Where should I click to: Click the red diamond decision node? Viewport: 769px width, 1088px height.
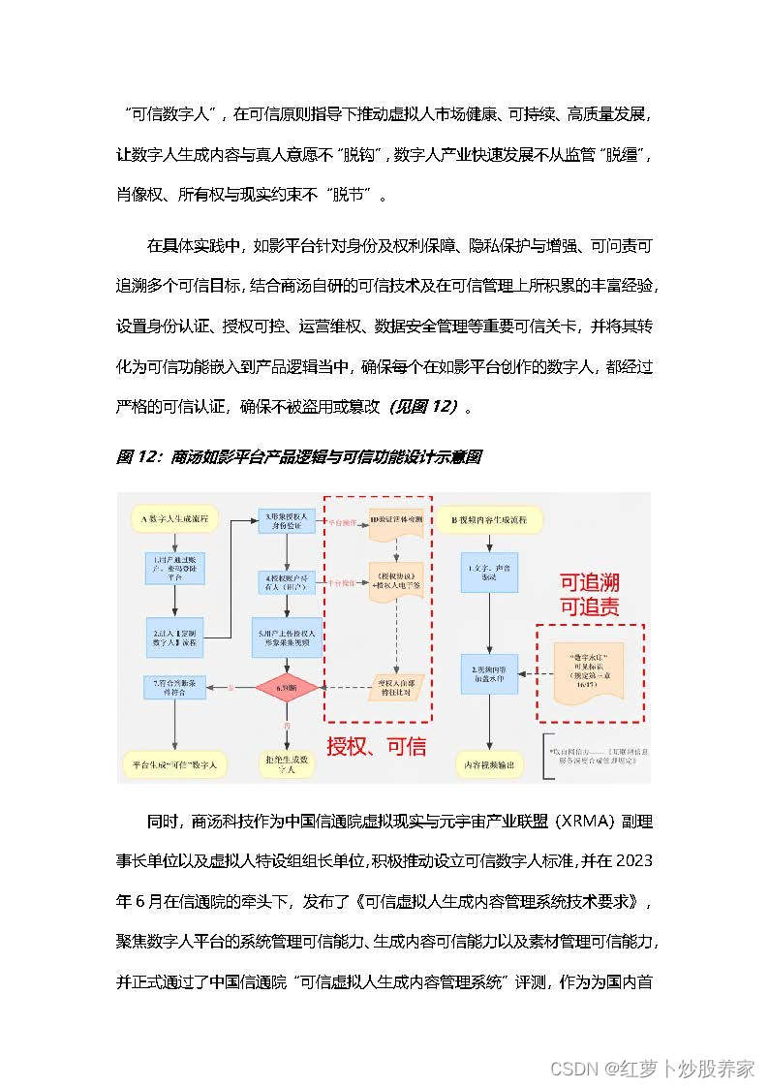pos(287,689)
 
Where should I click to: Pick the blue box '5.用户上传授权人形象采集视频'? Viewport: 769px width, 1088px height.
pos(287,636)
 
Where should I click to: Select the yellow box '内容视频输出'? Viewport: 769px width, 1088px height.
pos(491,764)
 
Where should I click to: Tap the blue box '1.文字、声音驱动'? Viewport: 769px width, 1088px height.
pos(491,571)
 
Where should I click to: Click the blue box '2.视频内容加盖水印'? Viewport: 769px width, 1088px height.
pos(491,675)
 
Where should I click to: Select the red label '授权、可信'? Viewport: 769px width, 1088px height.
pos(376,747)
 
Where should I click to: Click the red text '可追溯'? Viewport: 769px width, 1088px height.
pos(590,583)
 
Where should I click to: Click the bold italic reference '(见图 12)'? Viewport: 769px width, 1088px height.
pos(423,407)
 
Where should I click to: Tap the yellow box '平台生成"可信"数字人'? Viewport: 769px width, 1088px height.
pos(175,764)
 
